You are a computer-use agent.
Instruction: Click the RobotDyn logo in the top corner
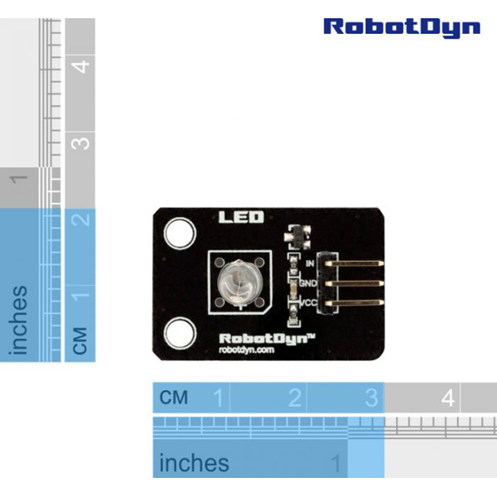pos(401,27)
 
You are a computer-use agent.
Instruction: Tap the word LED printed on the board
pos(241,218)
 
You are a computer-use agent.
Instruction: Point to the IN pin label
pos(310,263)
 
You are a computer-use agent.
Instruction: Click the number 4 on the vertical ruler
pos(81,65)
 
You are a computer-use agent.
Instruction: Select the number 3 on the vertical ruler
pos(81,142)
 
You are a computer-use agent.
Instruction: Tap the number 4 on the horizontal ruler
pos(448,398)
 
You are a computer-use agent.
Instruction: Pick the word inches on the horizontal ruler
pos(194,462)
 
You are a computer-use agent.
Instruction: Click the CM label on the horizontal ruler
pos(174,398)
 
